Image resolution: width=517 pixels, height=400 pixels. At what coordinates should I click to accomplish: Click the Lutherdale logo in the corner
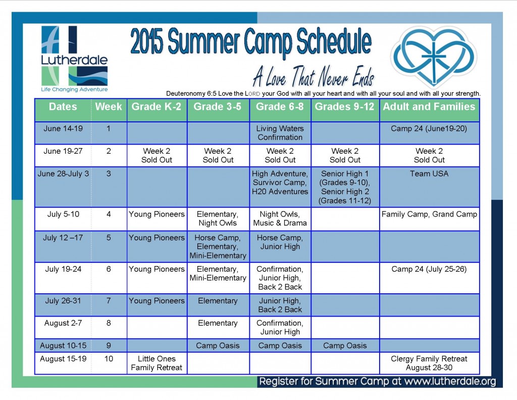(75, 59)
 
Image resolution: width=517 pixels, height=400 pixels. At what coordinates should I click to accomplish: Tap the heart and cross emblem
(434, 57)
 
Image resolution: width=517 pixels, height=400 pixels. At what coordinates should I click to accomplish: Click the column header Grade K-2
(157, 107)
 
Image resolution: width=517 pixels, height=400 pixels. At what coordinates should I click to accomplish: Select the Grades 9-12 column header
(344, 107)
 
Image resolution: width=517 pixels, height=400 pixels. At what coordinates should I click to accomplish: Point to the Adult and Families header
(429, 107)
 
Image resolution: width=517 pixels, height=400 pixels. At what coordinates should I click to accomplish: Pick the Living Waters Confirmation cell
(280, 133)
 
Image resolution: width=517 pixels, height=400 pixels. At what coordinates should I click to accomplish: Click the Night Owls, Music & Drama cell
(280, 218)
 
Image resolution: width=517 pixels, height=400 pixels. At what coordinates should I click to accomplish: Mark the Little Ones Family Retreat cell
(157, 363)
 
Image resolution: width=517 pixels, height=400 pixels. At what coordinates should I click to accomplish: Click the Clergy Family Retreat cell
(429, 363)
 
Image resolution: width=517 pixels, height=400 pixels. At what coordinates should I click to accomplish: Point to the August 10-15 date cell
(63, 345)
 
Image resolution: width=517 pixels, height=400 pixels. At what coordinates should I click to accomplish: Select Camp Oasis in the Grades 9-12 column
(344, 345)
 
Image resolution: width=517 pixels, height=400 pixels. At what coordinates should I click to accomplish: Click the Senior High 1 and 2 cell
(344, 187)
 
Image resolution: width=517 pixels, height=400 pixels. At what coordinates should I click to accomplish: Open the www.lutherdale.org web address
(450, 381)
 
